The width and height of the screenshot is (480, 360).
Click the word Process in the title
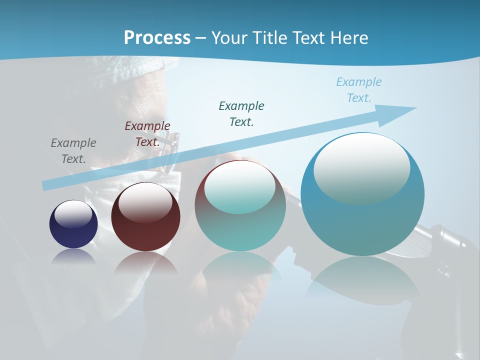[x=157, y=37]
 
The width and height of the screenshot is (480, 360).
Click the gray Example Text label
[x=73, y=151]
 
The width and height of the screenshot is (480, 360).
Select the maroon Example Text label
[x=147, y=134]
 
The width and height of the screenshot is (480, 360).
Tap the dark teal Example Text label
[x=241, y=113]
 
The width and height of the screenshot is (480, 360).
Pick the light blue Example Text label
[x=359, y=90]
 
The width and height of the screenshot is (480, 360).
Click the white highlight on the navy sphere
[x=73, y=214]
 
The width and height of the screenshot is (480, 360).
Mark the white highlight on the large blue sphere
[x=361, y=167]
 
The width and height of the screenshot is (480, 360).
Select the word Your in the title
[x=228, y=37]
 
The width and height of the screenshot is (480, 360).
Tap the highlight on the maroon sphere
[x=145, y=201]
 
